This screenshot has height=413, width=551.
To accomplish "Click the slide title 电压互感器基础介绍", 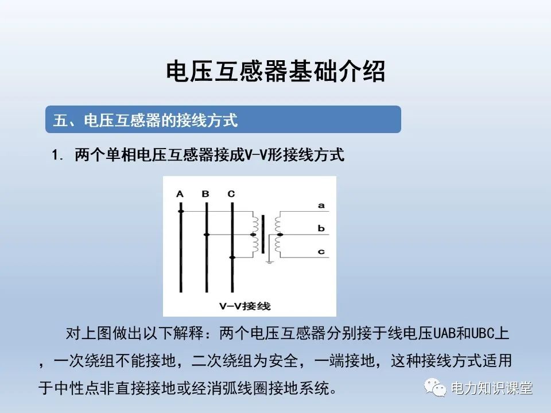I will tap(275, 72).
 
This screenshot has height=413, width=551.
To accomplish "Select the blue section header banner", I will tap(223, 120).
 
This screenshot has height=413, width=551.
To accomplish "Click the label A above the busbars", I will tap(180, 194).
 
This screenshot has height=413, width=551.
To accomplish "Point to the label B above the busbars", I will tap(205, 194).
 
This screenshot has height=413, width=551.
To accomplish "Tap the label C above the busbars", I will tap(231, 194).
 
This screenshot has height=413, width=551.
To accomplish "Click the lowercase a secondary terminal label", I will tap(321, 205).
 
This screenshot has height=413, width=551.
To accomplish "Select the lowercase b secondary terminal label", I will tap(321, 229).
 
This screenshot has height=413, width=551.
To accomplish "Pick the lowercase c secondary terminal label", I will tap(321, 252).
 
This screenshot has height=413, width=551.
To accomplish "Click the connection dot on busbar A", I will tap(180, 212).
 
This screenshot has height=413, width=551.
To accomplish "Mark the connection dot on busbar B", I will tap(206, 235).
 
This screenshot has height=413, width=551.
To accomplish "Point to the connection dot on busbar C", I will tap(231, 258).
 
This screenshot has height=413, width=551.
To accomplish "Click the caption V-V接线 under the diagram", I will tap(245, 306).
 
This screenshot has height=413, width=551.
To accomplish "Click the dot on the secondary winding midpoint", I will tap(280, 235).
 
